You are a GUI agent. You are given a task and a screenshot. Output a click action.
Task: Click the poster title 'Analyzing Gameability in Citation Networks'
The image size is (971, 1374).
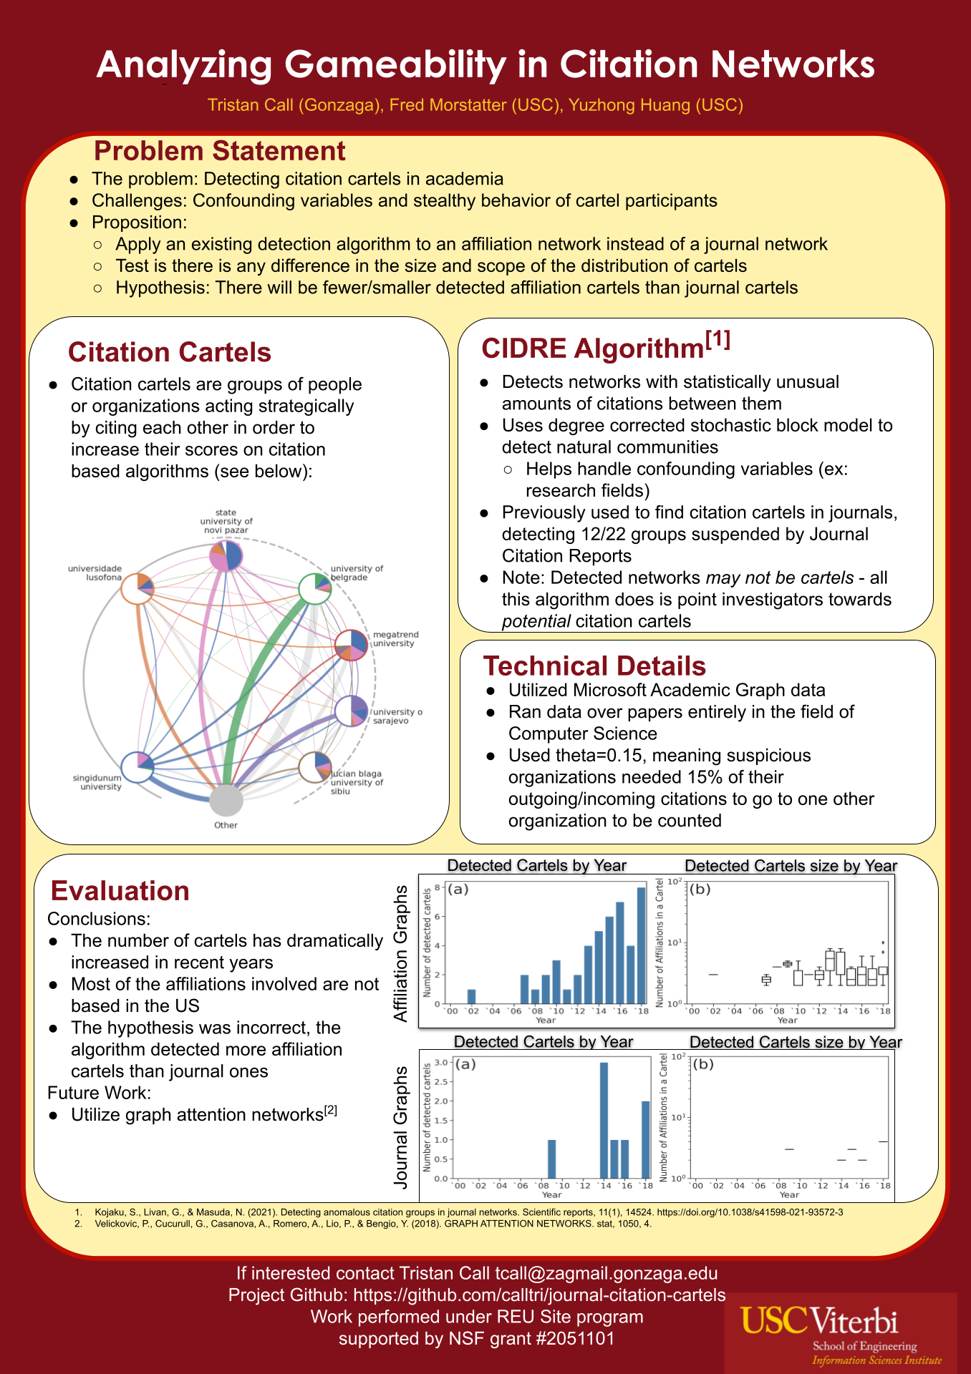coord(485,64)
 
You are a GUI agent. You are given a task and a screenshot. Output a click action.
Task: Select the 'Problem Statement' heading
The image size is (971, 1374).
coord(219,152)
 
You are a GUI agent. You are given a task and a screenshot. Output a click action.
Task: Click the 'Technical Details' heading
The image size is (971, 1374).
coord(594,666)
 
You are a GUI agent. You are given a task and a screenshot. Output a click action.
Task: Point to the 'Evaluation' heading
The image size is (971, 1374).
coord(120,891)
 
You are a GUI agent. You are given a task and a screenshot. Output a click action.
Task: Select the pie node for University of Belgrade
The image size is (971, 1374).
coord(314,589)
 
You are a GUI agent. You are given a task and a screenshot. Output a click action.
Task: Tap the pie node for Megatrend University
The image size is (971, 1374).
coord(352,645)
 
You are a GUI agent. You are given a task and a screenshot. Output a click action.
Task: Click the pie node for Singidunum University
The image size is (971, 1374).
coord(137,768)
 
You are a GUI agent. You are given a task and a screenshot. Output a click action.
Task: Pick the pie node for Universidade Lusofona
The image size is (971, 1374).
coord(137,589)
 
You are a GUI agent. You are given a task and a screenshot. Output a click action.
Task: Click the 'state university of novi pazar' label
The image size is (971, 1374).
coord(226,521)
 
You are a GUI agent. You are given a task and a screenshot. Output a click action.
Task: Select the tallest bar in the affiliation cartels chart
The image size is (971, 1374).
coord(641,945)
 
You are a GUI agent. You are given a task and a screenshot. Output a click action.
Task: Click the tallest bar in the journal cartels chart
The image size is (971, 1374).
coord(604,1120)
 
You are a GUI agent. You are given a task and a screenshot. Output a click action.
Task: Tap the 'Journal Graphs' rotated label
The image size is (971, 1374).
coord(401,1127)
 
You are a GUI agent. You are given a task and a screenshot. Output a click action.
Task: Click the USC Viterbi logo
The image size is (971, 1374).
coord(840,1332)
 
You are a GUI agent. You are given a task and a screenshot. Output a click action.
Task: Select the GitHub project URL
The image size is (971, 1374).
coord(539,1295)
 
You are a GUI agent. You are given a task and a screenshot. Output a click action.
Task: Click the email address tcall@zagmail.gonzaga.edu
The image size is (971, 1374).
coord(607,1274)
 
